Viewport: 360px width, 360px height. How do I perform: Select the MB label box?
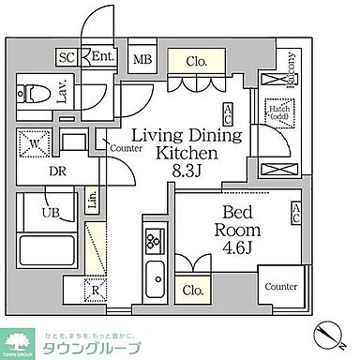(x=142, y=61)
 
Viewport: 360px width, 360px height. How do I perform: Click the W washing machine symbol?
(x=28, y=145)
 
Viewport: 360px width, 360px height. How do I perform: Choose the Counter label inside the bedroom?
(x=280, y=287)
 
